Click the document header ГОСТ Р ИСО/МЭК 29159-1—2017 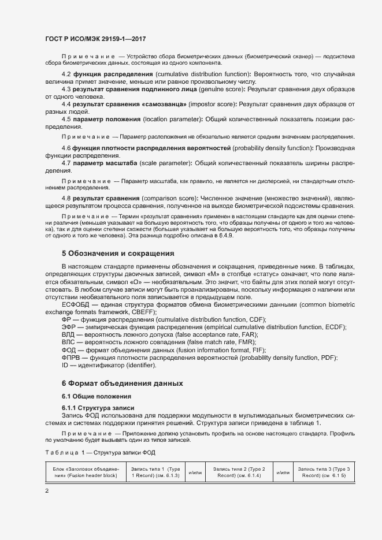coord(95,39)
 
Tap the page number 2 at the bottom coord(47,491)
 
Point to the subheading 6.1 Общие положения coord(96,396)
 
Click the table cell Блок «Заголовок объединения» coord(85,472)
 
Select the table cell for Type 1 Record coord(154,472)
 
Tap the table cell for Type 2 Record coord(239,472)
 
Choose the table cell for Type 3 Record coord(323,472)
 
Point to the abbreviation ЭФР coord(70,326)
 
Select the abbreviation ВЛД coord(70,334)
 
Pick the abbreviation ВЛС coord(70,342)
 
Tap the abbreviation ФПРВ coord(72,357)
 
